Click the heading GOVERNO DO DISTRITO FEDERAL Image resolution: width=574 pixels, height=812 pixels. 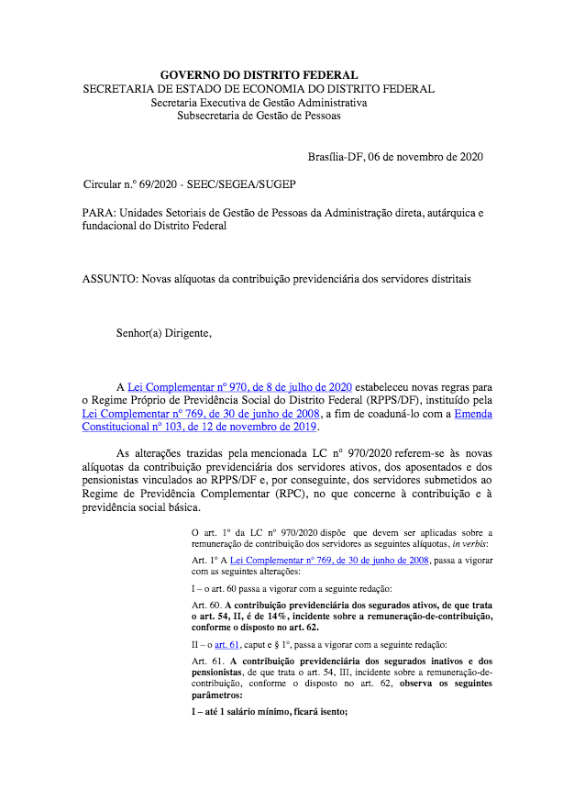point(259,74)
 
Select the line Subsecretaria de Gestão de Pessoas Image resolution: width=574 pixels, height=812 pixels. point(259,117)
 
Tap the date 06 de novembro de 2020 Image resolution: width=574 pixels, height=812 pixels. point(425,157)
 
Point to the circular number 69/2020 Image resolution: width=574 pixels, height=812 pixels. point(155,184)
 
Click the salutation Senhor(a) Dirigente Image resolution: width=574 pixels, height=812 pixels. point(163,332)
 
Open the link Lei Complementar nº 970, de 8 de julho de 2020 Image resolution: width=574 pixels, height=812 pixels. point(239,386)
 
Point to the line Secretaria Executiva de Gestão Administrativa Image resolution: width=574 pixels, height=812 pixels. point(259,103)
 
